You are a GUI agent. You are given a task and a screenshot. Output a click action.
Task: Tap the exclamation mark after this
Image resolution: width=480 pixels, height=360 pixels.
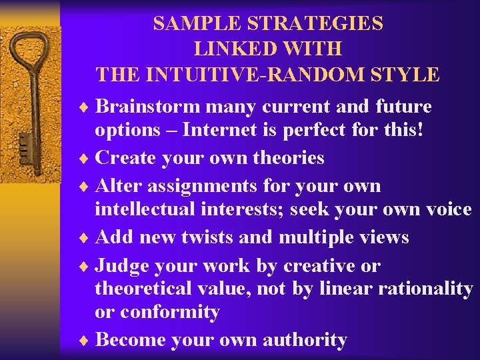point(419,130)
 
